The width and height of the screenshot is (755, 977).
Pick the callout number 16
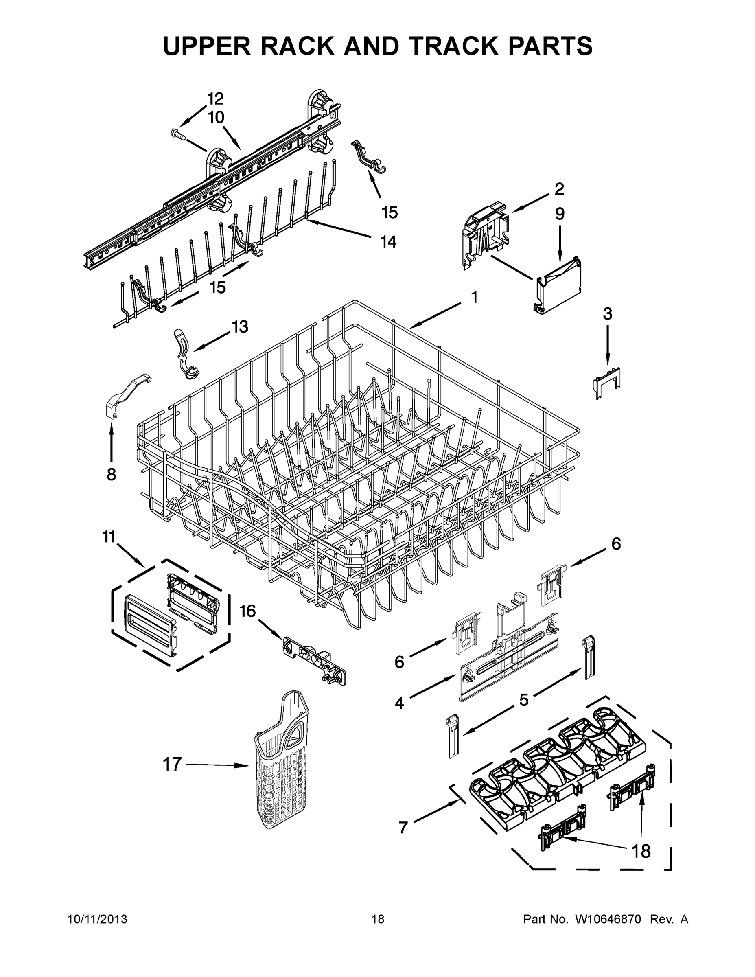[247, 611]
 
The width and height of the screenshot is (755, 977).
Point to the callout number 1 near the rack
[474, 297]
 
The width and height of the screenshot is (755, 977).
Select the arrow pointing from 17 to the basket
[217, 765]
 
